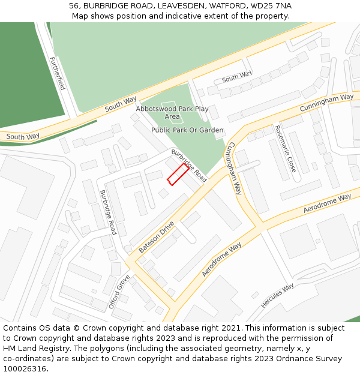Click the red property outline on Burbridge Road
click(x=177, y=174)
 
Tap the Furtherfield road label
click(x=58, y=73)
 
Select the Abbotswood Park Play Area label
click(x=172, y=112)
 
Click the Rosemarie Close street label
click(x=285, y=149)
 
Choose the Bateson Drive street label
click(x=157, y=236)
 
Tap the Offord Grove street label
click(x=119, y=292)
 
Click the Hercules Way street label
click(x=278, y=296)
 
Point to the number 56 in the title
click(x=74, y=5)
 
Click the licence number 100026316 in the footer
click(x=25, y=369)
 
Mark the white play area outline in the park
click(x=173, y=112)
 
